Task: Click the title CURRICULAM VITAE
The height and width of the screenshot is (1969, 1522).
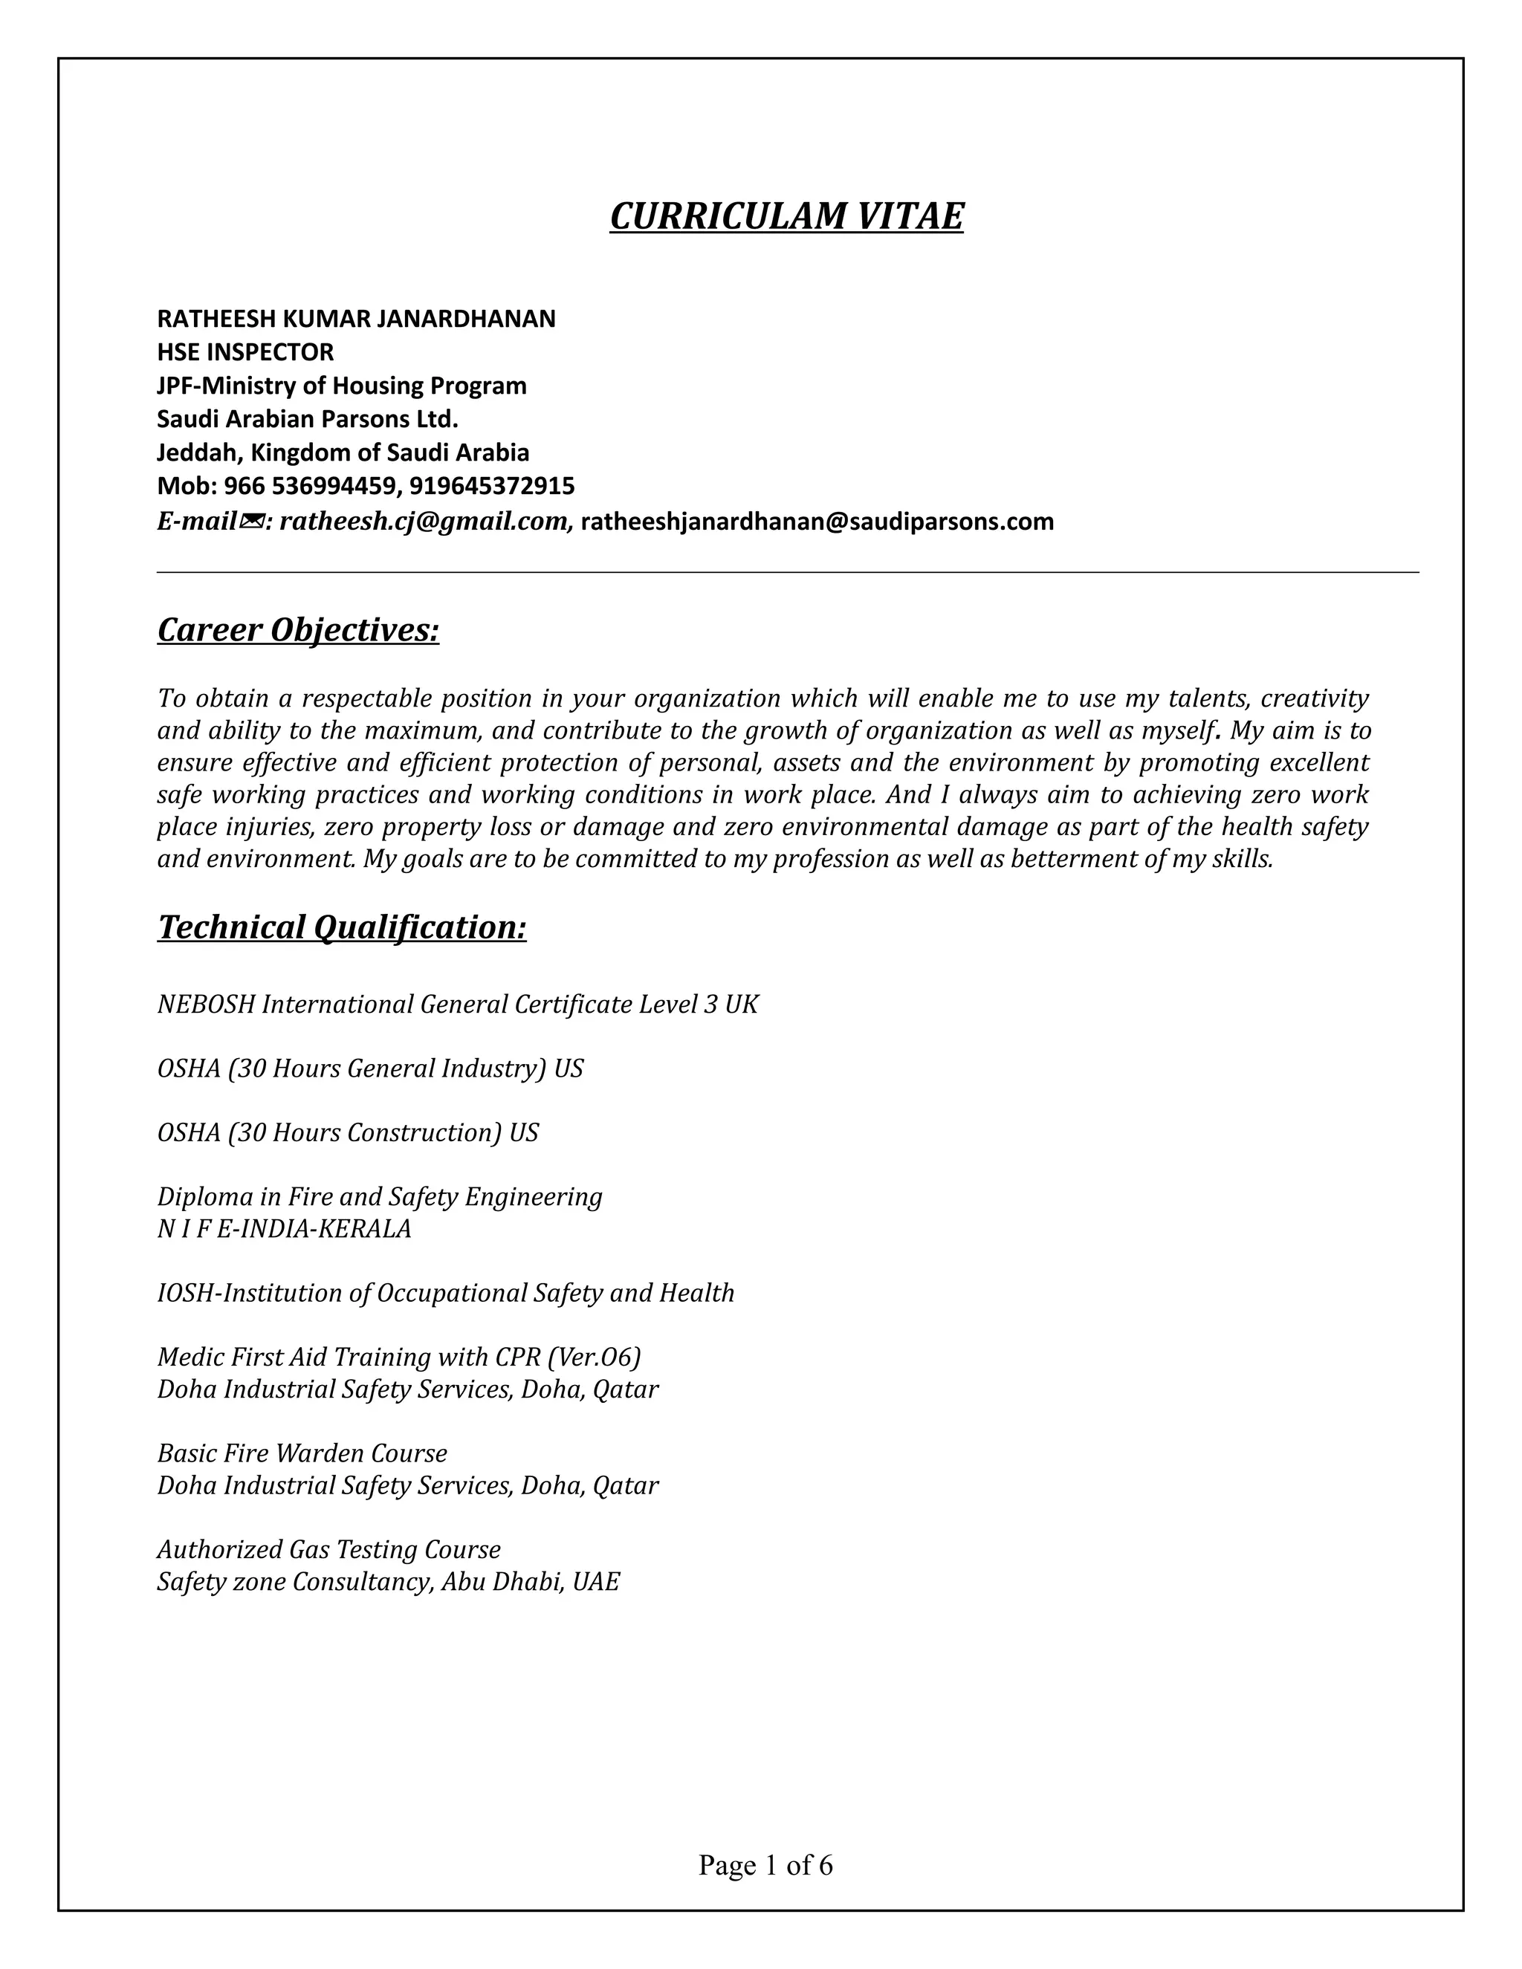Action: tap(786, 216)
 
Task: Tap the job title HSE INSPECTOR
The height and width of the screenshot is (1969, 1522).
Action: tap(245, 351)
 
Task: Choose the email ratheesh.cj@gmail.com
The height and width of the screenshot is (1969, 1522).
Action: tap(423, 521)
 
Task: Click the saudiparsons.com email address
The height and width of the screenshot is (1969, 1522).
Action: tap(817, 521)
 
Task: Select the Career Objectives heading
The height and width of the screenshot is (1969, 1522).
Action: tap(299, 629)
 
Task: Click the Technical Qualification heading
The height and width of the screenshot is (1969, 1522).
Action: tap(342, 927)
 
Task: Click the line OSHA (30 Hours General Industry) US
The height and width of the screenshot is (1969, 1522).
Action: tap(369, 1068)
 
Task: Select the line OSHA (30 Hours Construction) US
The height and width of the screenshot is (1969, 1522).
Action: tap(347, 1132)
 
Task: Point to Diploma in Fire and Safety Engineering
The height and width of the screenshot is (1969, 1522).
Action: tap(380, 1196)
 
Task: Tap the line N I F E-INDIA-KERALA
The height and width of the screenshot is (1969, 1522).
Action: tap(284, 1229)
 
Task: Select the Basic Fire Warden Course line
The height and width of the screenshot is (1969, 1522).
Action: tap(302, 1453)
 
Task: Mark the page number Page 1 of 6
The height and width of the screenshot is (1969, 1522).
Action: tap(765, 1865)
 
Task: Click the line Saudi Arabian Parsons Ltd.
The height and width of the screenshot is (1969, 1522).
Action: tap(308, 419)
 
